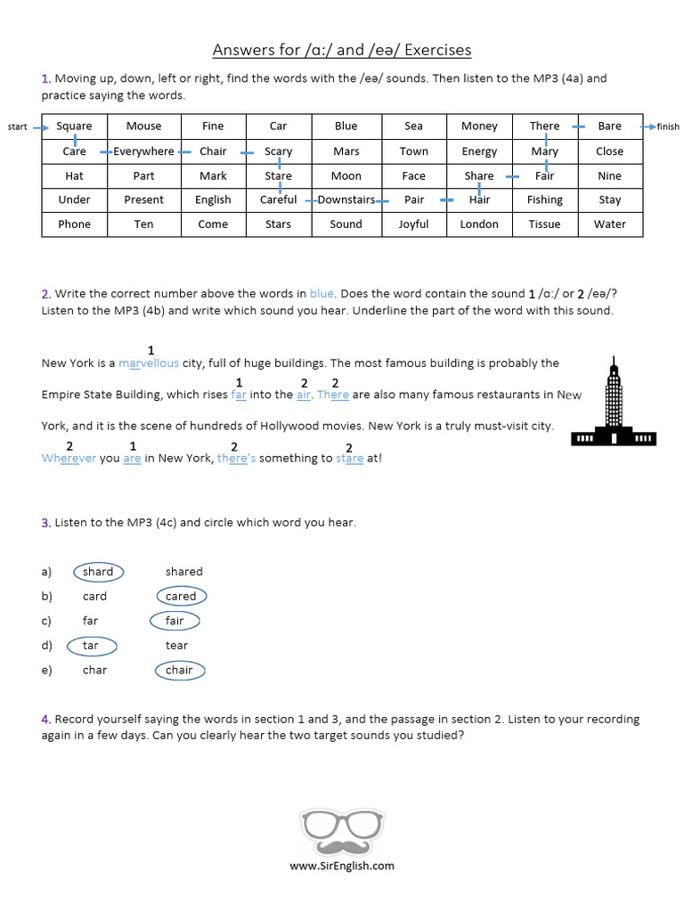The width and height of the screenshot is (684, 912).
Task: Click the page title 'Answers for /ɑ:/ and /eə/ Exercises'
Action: click(x=342, y=50)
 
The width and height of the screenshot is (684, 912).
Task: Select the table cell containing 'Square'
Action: click(x=74, y=126)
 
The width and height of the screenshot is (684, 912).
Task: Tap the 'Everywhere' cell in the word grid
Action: click(x=143, y=151)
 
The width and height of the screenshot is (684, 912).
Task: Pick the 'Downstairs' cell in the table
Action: click(x=346, y=200)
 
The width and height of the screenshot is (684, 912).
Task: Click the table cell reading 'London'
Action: click(x=479, y=224)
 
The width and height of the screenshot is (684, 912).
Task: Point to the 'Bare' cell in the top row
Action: click(x=610, y=126)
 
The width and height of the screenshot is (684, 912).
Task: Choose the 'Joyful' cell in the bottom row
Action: click(x=413, y=224)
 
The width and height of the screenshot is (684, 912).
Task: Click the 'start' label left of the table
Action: click(x=18, y=127)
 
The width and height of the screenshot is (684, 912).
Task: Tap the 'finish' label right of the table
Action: click(x=668, y=127)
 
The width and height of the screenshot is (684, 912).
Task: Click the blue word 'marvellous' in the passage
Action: click(x=149, y=363)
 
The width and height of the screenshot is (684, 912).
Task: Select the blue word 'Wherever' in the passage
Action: click(x=69, y=459)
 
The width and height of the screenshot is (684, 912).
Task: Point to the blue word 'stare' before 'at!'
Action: click(x=349, y=459)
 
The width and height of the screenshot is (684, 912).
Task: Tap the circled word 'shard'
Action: click(x=98, y=572)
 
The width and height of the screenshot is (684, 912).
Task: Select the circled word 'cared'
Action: click(x=181, y=597)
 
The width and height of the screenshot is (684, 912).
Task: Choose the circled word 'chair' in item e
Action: click(x=179, y=671)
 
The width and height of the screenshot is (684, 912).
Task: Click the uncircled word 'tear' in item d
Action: click(x=176, y=646)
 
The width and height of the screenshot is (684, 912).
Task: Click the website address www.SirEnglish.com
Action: click(x=342, y=866)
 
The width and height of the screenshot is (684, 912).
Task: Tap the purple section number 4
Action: click(x=45, y=720)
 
